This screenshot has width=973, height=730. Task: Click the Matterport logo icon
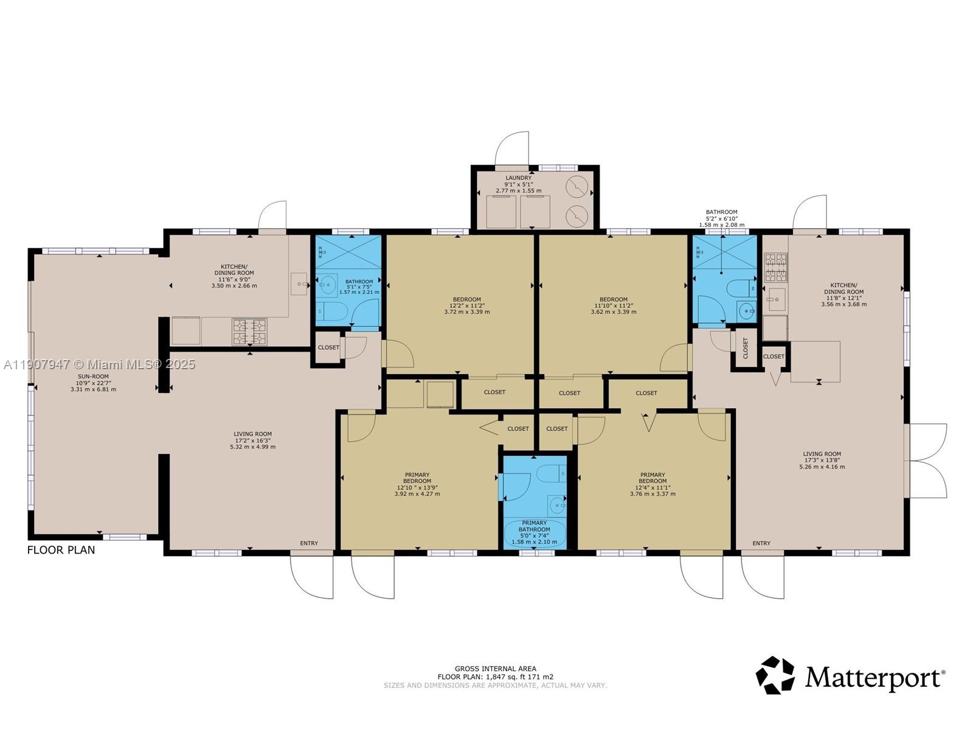coord(775,675)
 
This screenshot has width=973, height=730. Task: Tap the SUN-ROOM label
coord(93,377)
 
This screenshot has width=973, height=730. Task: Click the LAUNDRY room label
coord(518,178)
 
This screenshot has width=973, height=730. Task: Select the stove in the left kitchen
coord(249,332)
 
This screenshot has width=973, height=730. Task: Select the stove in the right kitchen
coord(775,268)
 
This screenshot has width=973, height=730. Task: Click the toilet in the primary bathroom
coord(551,473)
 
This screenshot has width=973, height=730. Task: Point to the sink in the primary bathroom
coord(556,505)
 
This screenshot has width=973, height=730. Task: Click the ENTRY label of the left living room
coord(309,543)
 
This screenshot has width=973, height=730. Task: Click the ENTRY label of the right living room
coord(761,543)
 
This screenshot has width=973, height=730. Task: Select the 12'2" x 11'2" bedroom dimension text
coord(466,305)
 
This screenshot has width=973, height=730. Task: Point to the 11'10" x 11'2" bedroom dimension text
coord(613,305)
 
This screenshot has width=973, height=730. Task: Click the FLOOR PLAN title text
coord(61,550)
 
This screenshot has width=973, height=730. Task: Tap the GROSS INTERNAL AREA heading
coord(495,669)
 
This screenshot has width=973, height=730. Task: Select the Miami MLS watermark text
coord(99,364)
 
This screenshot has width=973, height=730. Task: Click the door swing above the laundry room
coord(512,149)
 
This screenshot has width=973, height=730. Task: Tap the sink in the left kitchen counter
coord(299,284)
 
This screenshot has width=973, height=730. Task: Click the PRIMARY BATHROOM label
coord(534,526)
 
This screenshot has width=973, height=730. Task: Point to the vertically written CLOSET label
coord(746,347)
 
